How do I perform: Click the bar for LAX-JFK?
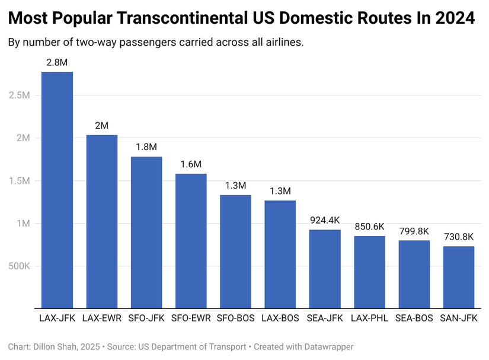(57, 190)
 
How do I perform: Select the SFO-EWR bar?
(191, 241)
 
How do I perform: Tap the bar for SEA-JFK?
(325, 269)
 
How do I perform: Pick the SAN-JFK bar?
(459, 277)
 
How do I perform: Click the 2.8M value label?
(57, 62)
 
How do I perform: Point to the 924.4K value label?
(325, 219)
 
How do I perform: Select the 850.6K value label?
(369, 226)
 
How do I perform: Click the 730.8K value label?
(459, 236)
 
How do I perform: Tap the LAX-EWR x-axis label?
(101, 318)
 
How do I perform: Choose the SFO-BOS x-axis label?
(235, 318)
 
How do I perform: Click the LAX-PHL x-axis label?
(369, 318)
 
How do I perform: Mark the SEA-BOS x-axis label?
(414, 318)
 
